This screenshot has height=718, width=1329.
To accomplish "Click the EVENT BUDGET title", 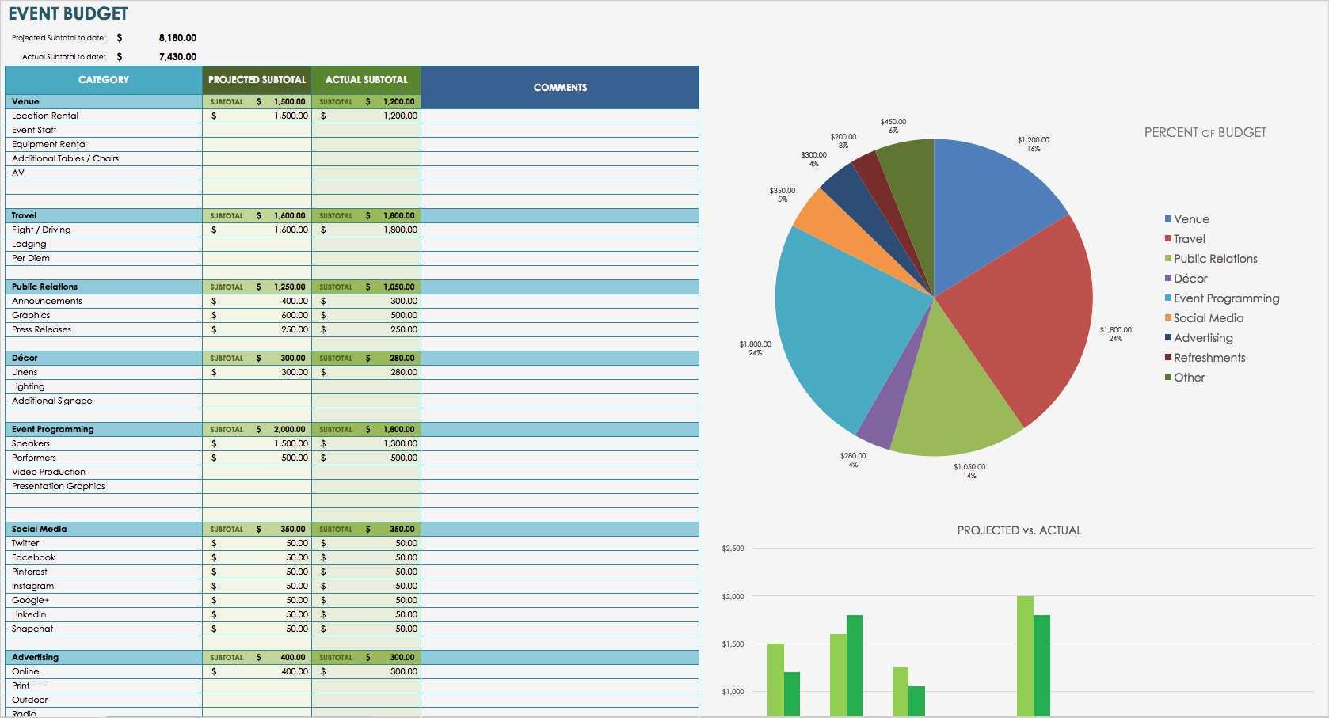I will click(x=68, y=13).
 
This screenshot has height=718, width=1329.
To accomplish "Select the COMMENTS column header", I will click(x=560, y=87).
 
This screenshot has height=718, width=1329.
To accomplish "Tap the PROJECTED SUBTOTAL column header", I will click(x=257, y=80).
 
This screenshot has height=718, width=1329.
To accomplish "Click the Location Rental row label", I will click(x=45, y=116).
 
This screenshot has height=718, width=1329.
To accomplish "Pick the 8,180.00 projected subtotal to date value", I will click(x=177, y=38).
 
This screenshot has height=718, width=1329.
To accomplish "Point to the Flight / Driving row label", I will click(x=41, y=230).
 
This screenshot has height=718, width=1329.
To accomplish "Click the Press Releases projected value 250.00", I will click(x=295, y=329).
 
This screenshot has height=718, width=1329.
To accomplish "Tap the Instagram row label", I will click(x=33, y=586).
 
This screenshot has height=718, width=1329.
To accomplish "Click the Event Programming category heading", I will click(x=53, y=429).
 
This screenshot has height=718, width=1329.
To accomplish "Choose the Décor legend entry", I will click(x=1190, y=279).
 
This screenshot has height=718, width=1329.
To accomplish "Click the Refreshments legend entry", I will click(x=1209, y=358).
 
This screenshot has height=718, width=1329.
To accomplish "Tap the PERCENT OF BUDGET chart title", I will click(x=1205, y=133).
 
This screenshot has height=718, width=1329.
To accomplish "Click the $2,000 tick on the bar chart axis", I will click(x=733, y=597).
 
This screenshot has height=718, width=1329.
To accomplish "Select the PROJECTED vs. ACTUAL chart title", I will click(x=1019, y=530).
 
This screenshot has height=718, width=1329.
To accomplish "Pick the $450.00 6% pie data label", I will click(x=893, y=126).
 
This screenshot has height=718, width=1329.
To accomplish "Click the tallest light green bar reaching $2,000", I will click(x=1025, y=657).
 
